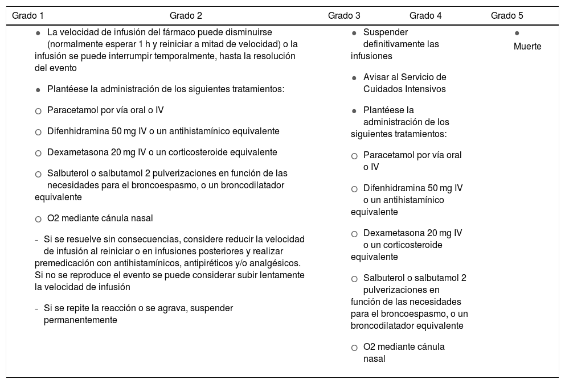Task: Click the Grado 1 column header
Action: click(27, 15)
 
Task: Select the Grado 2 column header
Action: click(186, 15)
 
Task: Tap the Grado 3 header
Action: click(344, 15)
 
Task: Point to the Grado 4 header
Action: click(425, 15)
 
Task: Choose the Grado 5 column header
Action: click(507, 15)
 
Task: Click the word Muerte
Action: click(527, 47)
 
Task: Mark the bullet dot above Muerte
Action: click(517, 34)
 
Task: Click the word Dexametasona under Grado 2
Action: click(74, 152)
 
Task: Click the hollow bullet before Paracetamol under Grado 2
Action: click(38, 111)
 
